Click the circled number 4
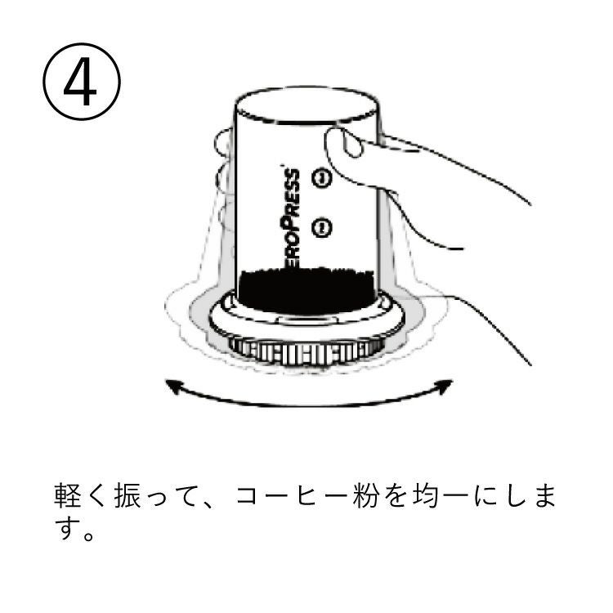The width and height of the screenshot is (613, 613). (81, 81)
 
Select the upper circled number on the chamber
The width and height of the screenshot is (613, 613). (321, 178)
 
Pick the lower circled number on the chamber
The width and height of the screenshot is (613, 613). (321, 227)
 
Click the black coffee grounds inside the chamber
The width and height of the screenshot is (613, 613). (306, 289)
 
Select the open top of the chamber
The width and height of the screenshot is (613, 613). (307, 105)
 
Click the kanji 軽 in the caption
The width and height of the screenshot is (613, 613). (67, 495)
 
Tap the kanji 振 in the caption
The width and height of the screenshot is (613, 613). (128, 495)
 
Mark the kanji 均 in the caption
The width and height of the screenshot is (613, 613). (425, 495)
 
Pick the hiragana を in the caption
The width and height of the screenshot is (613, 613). (395, 495)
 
